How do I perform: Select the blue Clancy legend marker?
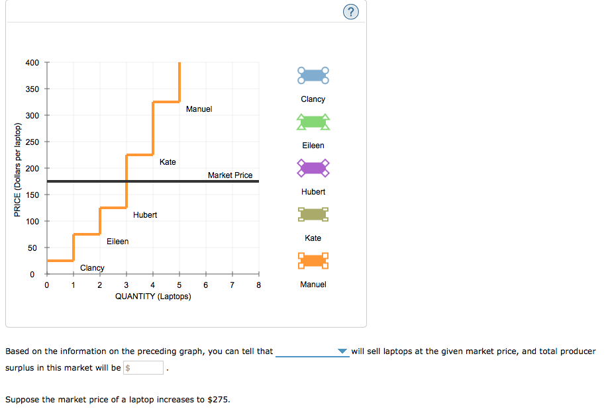(313, 75)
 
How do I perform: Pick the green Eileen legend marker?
(313, 122)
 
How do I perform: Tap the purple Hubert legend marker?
(313, 168)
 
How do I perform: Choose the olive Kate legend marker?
(313, 214)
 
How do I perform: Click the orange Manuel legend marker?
(313, 261)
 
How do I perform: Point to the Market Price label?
(230, 175)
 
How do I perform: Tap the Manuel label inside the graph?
(199, 109)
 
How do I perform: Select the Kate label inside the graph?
(168, 162)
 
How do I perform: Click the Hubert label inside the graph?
(145, 215)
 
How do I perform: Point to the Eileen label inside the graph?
(118, 242)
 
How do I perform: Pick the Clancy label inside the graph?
(92, 268)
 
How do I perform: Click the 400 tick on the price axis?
(32, 63)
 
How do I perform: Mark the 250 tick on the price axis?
(32, 142)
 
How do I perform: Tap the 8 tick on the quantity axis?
(259, 286)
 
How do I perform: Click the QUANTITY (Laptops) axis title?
(153, 297)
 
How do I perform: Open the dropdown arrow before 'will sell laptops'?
(342, 351)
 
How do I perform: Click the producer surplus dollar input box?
(144, 368)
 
